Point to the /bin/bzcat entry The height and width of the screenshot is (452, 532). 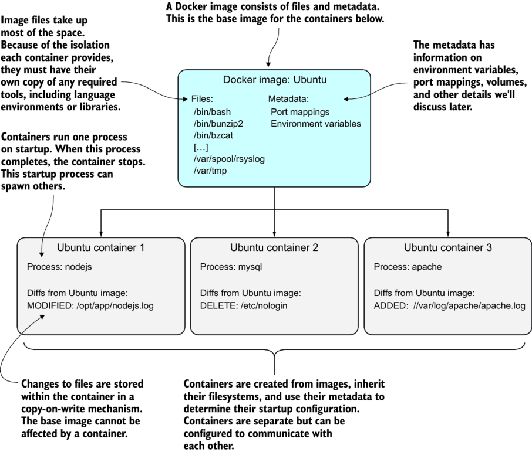pyautogui.click(x=211, y=135)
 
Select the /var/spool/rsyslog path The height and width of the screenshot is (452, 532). pyautogui.click(x=228, y=159)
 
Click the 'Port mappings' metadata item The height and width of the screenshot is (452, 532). pyautogui.click(x=301, y=111)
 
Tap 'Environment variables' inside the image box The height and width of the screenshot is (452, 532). pyautogui.click(x=316, y=124)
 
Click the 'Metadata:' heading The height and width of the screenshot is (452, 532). pyautogui.click(x=288, y=98)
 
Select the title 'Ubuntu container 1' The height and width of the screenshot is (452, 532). pyautogui.click(x=100, y=248)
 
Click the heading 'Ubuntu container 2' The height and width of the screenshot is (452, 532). pyautogui.click(x=274, y=248)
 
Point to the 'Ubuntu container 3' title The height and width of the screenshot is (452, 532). pyautogui.click(x=448, y=248)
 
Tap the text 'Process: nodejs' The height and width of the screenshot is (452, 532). pyautogui.click(x=60, y=267)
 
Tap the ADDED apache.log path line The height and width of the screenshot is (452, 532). pyautogui.click(x=449, y=305)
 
